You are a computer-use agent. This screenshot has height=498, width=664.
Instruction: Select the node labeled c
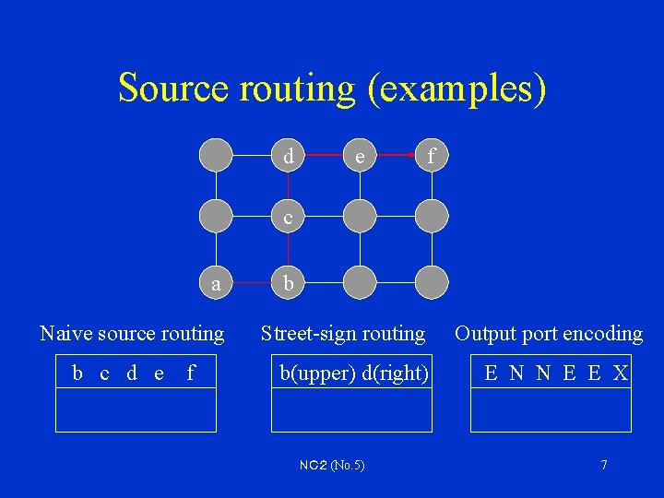pyautogui.click(x=289, y=218)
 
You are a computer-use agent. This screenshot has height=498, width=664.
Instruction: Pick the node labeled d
pyautogui.click(x=289, y=156)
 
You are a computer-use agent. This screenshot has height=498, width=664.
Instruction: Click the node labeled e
pyautogui.click(x=360, y=156)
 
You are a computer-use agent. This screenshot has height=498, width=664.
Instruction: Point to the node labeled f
pyautogui.click(x=432, y=156)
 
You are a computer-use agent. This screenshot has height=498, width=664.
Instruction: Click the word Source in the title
pyautogui.click(x=172, y=88)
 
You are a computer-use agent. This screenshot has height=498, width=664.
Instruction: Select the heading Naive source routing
pyautogui.click(x=132, y=333)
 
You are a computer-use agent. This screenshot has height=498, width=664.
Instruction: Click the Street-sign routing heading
pyautogui.click(x=343, y=333)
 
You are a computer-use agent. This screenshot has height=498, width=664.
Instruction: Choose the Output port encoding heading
pyautogui.click(x=549, y=333)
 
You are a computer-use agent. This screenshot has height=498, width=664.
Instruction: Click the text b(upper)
pyautogui.click(x=318, y=373)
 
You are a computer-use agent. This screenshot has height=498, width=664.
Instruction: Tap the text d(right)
pyautogui.click(x=396, y=373)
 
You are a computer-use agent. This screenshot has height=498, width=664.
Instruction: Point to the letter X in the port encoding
pyautogui.click(x=621, y=373)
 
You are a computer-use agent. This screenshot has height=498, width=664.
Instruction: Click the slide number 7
pyautogui.click(x=604, y=465)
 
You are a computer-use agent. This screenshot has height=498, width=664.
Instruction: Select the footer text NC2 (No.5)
pyautogui.click(x=332, y=465)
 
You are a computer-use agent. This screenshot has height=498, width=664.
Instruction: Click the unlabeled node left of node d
pyautogui.click(x=217, y=156)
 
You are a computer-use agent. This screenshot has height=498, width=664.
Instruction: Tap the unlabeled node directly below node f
pyautogui.click(x=432, y=218)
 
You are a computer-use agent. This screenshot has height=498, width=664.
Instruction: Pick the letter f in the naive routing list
pyautogui.click(x=191, y=373)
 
